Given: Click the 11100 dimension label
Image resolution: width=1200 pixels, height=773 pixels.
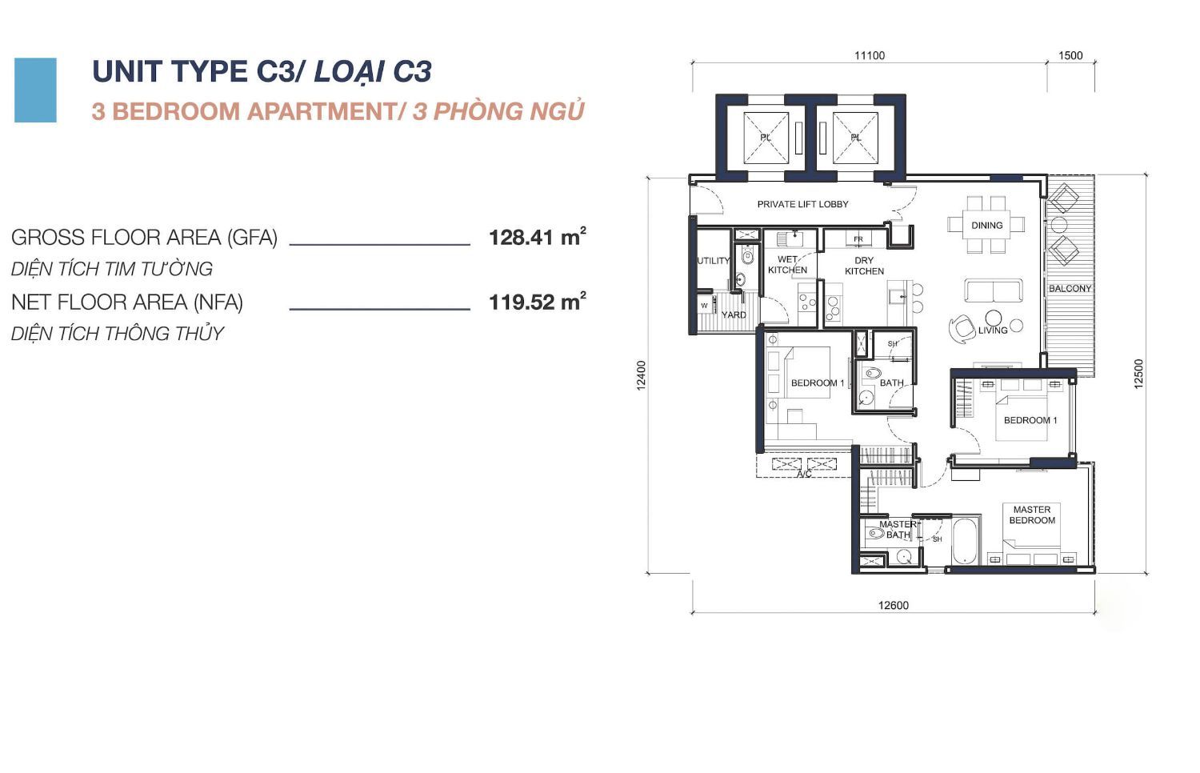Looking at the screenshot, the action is point(869,56).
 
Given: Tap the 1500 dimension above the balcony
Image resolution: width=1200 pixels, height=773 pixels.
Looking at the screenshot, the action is point(1070,56).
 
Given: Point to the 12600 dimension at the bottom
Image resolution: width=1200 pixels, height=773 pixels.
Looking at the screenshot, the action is point(893,605).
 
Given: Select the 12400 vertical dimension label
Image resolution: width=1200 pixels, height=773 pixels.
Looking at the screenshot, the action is point(642,375).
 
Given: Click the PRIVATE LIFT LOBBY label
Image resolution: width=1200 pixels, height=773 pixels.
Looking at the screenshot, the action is point(802,204).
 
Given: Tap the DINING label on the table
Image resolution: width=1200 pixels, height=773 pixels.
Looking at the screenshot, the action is point(986,226).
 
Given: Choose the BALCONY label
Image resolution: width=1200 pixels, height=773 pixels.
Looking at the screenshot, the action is point(1070,288).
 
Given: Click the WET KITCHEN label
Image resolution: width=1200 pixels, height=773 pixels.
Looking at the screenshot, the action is point(787,265).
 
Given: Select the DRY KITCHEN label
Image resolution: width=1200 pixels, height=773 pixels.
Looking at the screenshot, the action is point(864,266).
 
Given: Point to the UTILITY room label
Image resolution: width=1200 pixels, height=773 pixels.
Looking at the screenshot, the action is point(713,261).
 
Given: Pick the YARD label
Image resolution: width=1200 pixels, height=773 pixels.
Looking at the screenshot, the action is point(734,315).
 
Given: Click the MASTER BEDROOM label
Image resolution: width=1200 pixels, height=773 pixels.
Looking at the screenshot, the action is point(1032,515).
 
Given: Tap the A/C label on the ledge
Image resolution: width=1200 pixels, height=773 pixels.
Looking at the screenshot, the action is point(804,474).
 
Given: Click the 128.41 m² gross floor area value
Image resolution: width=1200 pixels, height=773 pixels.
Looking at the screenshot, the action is point(538,237).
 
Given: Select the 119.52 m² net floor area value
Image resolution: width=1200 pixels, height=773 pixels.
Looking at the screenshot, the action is point(538,302).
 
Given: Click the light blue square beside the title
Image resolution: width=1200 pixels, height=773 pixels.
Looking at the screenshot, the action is point(35,90).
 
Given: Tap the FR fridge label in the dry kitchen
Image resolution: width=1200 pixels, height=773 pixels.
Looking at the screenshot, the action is point(858,239).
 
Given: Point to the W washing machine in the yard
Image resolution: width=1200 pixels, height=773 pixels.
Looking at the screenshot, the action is point(705,306).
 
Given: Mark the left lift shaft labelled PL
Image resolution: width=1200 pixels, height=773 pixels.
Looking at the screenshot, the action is point(766,138).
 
